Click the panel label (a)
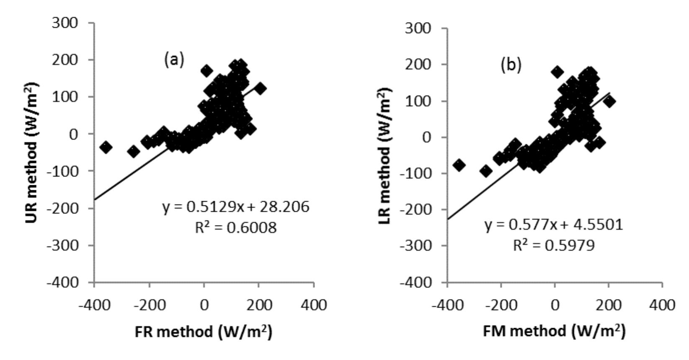(173, 60)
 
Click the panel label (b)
(511, 65)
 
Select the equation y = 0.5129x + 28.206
(236, 207)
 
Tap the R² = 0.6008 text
(236, 228)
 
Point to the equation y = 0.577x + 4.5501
(554, 225)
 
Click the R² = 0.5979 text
(554, 245)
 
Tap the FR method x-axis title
(204, 332)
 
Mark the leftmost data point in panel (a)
(106, 147)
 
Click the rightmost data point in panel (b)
(609, 101)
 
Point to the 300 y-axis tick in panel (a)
(65, 23)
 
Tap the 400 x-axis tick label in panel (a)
(314, 306)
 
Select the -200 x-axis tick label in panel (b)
(501, 306)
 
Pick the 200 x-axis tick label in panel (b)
(609, 306)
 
